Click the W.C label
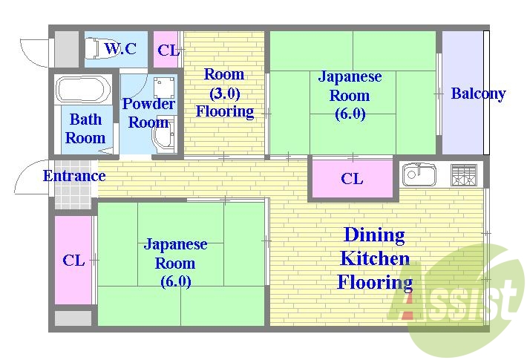[120, 50]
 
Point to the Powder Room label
[148, 113]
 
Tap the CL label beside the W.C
[168, 50]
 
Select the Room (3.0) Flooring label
[224, 93]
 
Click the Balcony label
[478, 94]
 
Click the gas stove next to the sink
[464, 175]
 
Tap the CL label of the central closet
[352, 179]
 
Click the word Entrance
[73, 176]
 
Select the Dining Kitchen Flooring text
[375, 258]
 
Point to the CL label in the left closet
[73, 261]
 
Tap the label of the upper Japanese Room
[350, 95]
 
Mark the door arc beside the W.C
[33, 48]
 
